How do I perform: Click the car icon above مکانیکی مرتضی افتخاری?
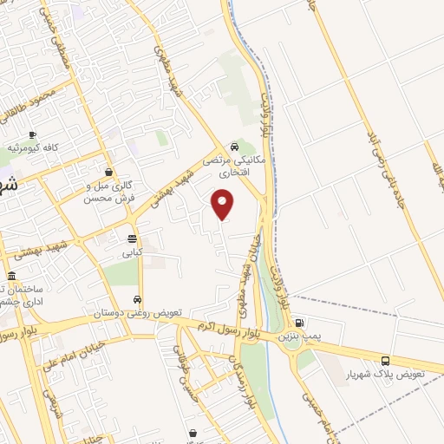click(x=235, y=147)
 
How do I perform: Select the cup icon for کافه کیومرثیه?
click(x=33, y=135)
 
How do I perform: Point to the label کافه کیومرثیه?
click(x=33, y=148)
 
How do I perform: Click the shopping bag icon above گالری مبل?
click(x=108, y=172)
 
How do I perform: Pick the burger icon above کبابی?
click(x=132, y=238)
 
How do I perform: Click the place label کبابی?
click(x=131, y=253)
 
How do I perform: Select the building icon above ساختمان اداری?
click(x=11, y=277)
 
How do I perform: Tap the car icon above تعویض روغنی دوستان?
click(x=136, y=300)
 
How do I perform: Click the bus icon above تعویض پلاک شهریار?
click(x=385, y=361)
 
